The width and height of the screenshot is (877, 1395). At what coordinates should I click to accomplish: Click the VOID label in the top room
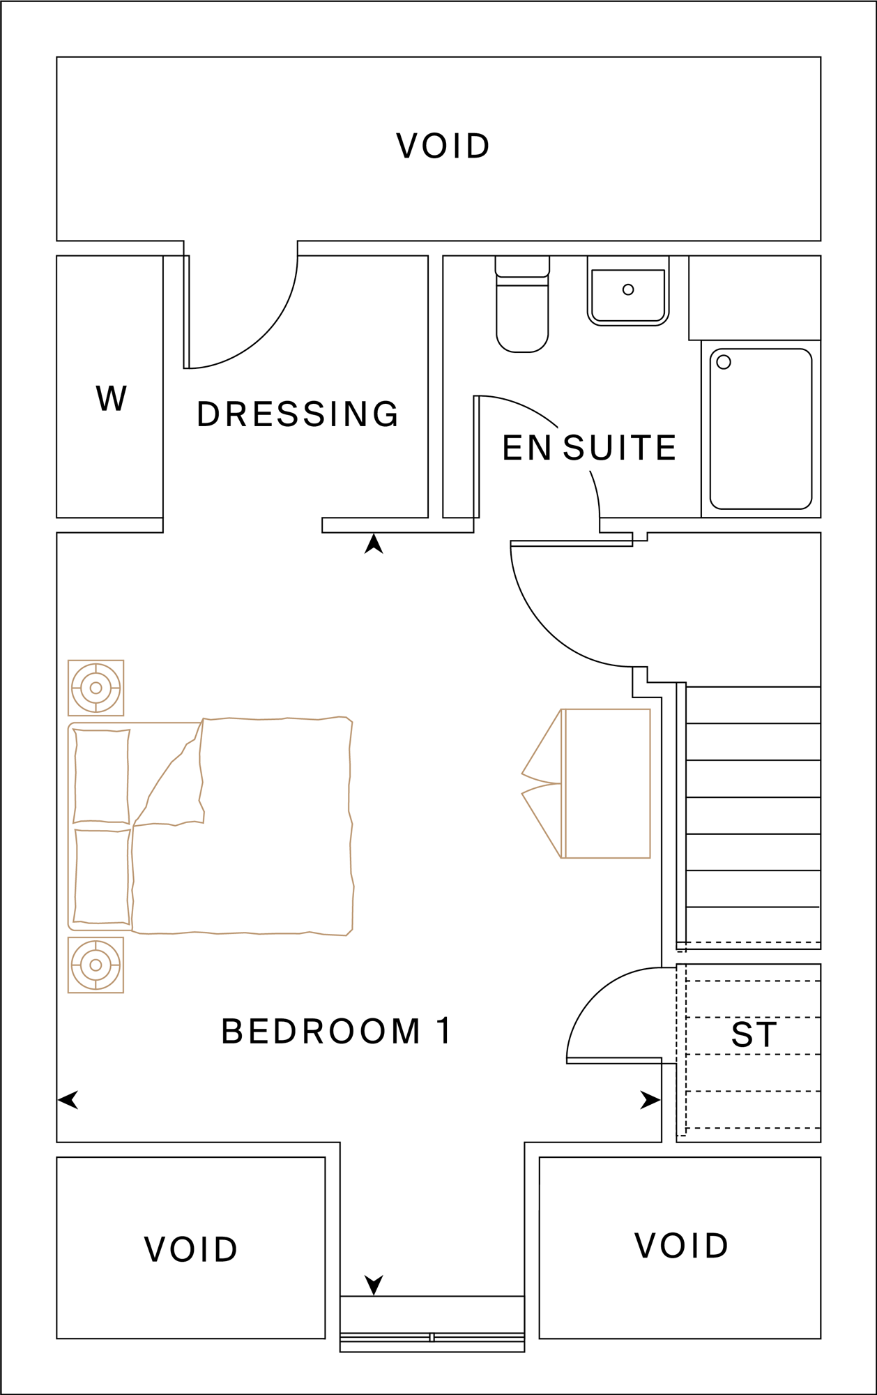point(443,146)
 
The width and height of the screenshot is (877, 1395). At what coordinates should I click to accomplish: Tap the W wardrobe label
point(112,399)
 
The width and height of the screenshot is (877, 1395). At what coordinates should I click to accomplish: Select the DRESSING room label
point(298,414)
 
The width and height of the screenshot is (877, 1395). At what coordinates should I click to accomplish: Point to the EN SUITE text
point(589,448)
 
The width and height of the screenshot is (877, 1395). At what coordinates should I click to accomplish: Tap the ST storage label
point(754,1035)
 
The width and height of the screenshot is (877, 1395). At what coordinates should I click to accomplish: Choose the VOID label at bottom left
point(191,1249)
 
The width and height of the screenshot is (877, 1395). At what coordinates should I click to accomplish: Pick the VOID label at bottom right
point(681,1246)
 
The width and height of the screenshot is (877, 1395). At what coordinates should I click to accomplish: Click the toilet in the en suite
point(522,314)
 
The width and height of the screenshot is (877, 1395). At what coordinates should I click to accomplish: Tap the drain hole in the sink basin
point(628,289)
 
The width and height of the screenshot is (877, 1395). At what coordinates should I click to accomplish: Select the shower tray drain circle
point(724,362)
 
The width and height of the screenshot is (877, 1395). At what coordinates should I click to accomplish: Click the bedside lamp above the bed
point(96,688)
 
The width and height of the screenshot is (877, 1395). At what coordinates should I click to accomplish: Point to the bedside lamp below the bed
point(96,965)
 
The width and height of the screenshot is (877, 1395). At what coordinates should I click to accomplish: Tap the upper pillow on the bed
point(102,776)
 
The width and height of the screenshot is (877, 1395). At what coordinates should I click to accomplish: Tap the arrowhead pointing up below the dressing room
point(374,545)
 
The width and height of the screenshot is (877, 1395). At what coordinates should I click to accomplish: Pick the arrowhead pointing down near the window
point(374,1284)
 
